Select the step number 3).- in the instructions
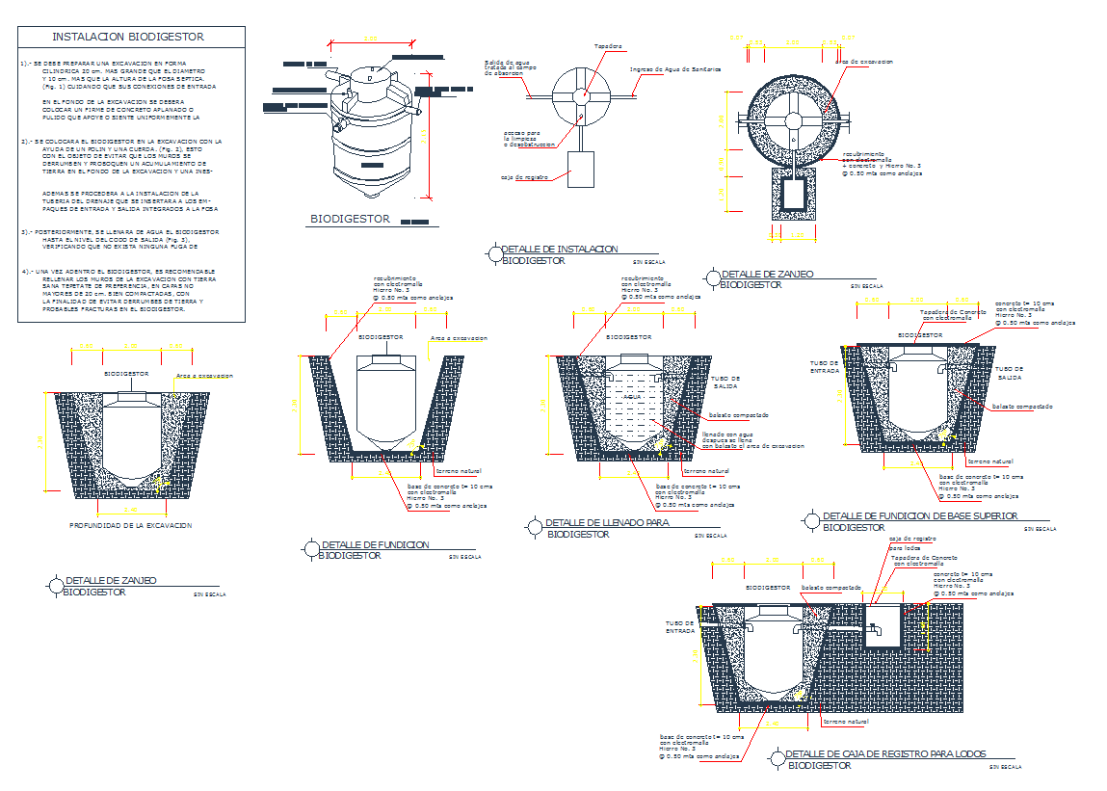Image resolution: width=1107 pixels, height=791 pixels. tap(29, 232)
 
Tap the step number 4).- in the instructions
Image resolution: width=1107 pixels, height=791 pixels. tap(29, 271)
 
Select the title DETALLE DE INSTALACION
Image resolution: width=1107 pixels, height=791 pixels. tap(560, 250)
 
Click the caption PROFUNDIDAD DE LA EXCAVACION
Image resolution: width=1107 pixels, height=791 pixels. tap(130, 525)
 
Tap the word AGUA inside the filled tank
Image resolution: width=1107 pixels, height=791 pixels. tap(632, 396)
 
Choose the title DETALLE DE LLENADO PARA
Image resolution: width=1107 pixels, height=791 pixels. tap(607, 522)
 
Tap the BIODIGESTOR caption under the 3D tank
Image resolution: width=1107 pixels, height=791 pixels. tap(350, 220)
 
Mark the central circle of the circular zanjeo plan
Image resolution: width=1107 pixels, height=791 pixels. tap(794, 121)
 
